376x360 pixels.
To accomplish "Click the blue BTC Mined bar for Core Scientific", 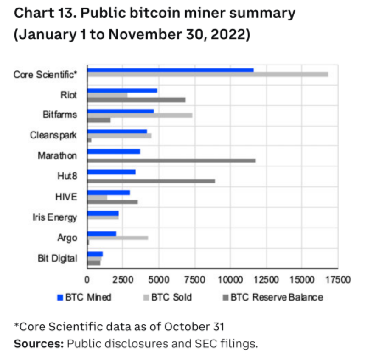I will click(x=170, y=70).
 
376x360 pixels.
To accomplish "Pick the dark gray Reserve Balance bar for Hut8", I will click(x=151, y=181).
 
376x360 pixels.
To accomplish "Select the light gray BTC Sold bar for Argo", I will click(x=117, y=238).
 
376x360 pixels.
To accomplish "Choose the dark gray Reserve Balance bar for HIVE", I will click(x=112, y=202).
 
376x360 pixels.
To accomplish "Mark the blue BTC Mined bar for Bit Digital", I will click(x=95, y=254).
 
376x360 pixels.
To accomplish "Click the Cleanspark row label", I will click(x=53, y=135).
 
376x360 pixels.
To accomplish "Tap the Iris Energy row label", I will click(x=55, y=218).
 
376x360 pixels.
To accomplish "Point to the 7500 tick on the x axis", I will click(x=194, y=280).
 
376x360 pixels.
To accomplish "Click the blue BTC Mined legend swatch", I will click(x=60, y=297).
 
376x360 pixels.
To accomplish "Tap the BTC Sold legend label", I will click(x=171, y=297).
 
